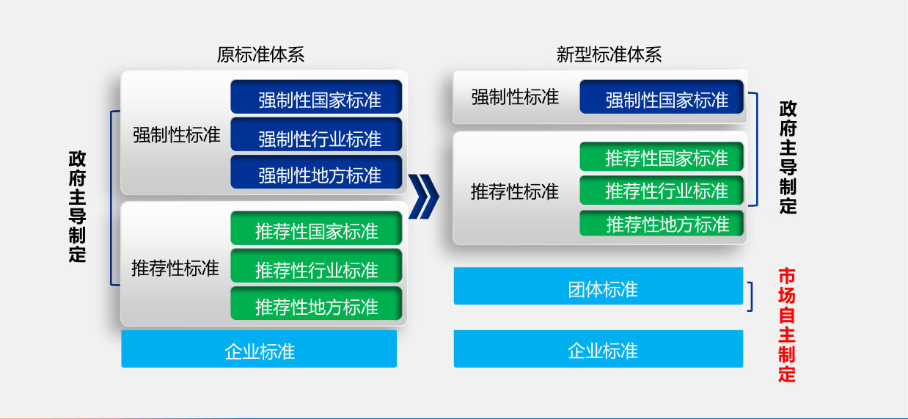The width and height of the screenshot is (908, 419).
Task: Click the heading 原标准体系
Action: pos(260,55)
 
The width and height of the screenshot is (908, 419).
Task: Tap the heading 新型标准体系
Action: pos(609,55)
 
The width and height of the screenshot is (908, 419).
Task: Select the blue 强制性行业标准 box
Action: pos(316,134)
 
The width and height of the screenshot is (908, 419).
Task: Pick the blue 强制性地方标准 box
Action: pos(316,172)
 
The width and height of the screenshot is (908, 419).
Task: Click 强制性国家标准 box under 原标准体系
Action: pos(316,97)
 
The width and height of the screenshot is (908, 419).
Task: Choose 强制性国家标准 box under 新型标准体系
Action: pos(662,97)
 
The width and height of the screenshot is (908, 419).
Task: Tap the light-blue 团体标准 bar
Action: pos(598,285)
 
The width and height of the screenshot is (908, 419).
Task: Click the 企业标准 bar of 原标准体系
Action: pos(259,349)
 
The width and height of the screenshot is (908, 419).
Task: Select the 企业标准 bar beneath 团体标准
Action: pos(598,349)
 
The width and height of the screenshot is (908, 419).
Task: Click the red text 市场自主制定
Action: pos(787,324)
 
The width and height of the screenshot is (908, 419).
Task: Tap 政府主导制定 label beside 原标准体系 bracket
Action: pos(77,206)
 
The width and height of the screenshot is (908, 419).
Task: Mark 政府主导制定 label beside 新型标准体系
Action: pos(788,157)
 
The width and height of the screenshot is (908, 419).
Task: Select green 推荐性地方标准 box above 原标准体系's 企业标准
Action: pos(316,303)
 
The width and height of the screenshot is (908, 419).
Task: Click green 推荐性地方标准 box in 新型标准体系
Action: pos(662,223)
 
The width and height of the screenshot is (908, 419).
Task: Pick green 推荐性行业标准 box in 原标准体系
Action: pos(316,266)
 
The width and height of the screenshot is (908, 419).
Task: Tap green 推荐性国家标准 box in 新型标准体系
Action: pos(662,156)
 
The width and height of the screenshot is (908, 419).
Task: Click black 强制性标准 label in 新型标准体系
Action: pos(515,98)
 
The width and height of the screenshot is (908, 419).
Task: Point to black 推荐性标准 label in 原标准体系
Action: pos(175,268)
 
